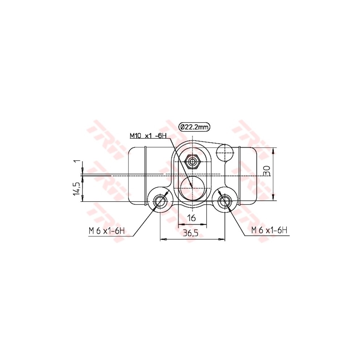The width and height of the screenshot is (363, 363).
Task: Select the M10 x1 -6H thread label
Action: coord(148,136)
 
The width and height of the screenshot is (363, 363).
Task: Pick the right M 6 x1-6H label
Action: coord(269,230)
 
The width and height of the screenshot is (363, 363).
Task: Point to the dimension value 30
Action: coord(268,171)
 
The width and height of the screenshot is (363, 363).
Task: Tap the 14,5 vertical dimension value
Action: coord(77,188)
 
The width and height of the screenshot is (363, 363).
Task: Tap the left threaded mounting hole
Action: coord(160,200)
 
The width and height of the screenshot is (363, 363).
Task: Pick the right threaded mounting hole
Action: coord(224,200)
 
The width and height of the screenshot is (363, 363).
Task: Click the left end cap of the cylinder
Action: coord(136,175)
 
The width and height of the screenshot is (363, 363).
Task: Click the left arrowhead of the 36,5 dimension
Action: coord(163,239)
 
